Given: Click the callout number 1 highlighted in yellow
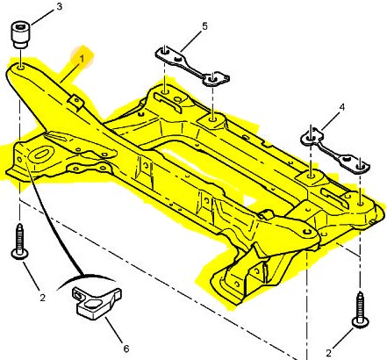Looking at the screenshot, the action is [x=82, y=59].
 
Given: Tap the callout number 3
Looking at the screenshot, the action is [x=60, y=6].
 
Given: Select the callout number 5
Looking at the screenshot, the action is [x=204, y=26].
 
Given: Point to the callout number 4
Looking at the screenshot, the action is [x=342, y=107].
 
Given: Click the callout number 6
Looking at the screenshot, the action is [x=126, y=349].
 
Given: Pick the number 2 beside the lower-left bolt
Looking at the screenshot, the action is [x=43, y=298].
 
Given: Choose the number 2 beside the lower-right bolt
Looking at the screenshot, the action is [x=328, y=353].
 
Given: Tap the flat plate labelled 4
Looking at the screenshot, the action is [x=335, y=151].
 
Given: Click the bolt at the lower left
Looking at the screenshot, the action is [x=19, y=241].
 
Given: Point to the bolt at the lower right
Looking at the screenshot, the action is [x=361, y=310].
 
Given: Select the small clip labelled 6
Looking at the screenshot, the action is [x=97, y=303].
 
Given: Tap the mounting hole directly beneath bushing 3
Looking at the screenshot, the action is [x=21, y=68].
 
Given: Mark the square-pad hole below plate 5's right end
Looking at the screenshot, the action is [x=212, y=119].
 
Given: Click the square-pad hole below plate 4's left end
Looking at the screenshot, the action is [x=311, y=176].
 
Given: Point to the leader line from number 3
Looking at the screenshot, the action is [x=42, y=18].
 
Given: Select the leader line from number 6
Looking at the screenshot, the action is [x=113, y=330].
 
